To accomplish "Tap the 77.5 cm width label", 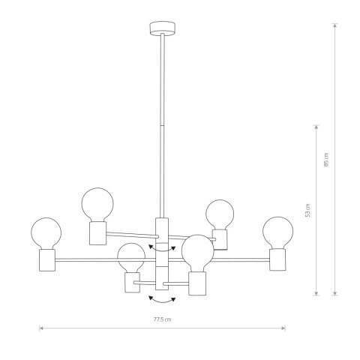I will click(x=162, y=321).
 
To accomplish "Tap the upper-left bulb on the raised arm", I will click(x=97, y=203).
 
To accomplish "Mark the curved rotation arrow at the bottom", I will click(x=162, y=300).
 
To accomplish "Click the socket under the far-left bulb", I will click(x=48, y=260).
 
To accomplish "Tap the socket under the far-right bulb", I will click(x=278, y=259).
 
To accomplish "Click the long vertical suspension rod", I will click(x=162, y=127).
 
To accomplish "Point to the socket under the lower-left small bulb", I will click(x=133, y=282).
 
